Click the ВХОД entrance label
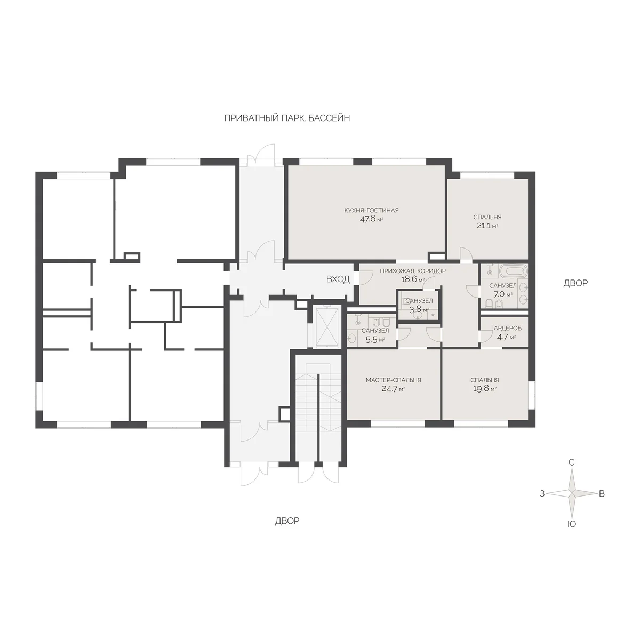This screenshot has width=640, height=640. point(338,279)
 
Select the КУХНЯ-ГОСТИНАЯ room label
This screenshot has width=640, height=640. point(371,210)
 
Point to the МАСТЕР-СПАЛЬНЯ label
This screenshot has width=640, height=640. point(393,380)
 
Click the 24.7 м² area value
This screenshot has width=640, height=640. point(393,389)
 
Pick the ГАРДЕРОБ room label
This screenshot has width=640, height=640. point(506,328)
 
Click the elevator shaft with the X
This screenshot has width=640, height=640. point(327,327)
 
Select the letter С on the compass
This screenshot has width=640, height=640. point(571,462)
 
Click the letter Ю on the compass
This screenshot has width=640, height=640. point(572,524)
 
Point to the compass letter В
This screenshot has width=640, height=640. point(602,493)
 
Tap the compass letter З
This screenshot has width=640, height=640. point(542,493)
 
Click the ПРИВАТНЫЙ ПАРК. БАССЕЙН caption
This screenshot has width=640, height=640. point(287,118)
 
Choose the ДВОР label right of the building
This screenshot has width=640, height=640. point(575,283)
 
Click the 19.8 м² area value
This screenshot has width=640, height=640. point(485,389)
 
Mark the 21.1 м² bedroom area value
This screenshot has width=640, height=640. point(487,226)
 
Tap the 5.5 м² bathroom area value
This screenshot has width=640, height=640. point(375,339)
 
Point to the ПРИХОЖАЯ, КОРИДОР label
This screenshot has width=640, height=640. point(412,271)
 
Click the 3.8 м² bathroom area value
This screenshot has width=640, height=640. point(419,309)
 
